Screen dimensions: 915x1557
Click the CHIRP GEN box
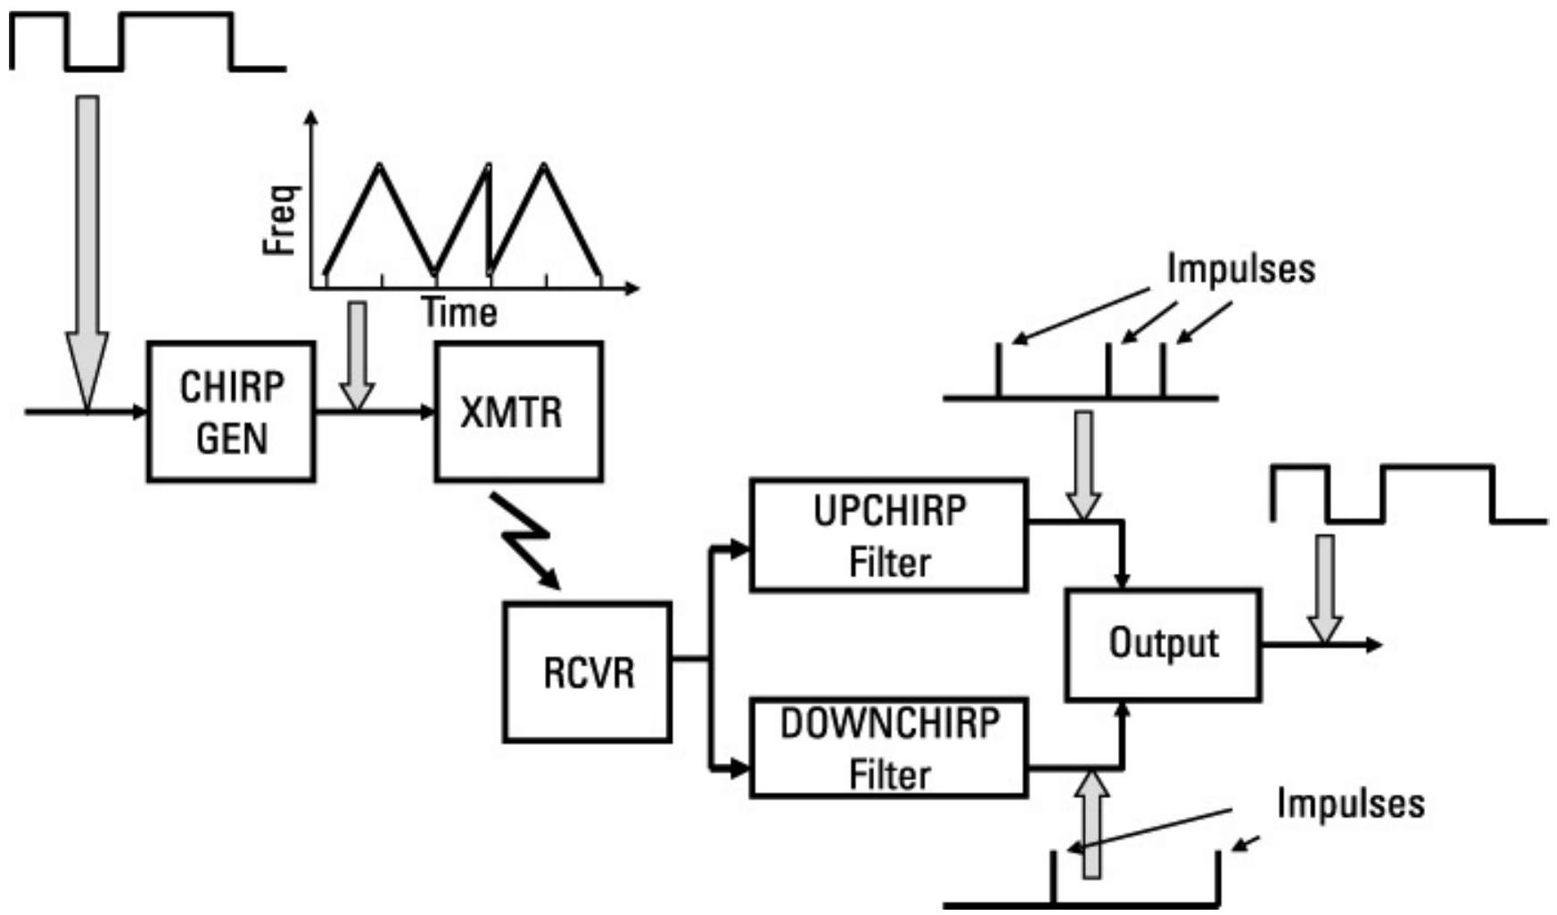(231, 412)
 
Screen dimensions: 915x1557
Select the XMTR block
(518, 412)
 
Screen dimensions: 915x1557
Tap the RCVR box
(587, 672)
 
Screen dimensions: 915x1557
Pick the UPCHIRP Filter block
(888, 535)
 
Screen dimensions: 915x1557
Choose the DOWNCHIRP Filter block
(888, 748)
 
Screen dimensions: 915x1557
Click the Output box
(1163, 644)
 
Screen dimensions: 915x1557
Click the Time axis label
(459, 313)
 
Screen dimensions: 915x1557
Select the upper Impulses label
(1240, 268)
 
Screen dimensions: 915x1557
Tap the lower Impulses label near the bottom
(1350, 803)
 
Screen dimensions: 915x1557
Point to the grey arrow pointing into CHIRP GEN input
(87, 250)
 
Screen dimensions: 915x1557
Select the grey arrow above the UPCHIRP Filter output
(1083, 464)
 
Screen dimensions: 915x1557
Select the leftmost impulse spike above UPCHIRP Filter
(999, 370)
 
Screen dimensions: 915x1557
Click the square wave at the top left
(147, 41)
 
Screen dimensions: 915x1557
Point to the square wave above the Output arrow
(1409, 493)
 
